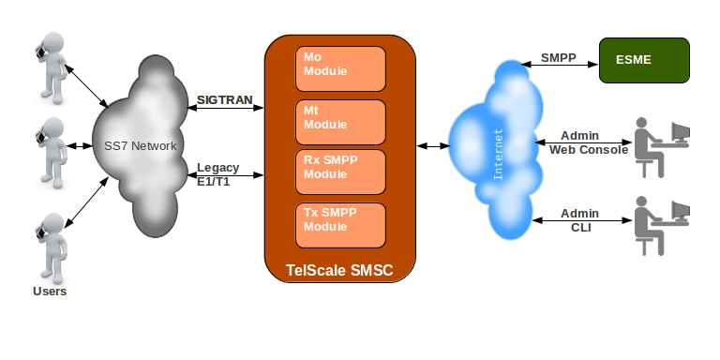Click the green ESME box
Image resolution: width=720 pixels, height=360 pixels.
pos(644,59)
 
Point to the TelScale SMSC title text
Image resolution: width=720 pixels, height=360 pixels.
pos(338,272)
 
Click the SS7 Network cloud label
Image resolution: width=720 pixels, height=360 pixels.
pos(141,146)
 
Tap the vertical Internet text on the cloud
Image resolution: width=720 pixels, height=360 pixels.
pos(498,153)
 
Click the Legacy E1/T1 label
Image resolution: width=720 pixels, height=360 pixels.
pos(218,173)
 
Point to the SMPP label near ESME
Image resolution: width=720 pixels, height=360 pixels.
pos(559,58)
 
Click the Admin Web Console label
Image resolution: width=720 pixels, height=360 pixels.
pos(584,142)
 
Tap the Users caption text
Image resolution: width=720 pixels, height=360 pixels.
pos(50,292)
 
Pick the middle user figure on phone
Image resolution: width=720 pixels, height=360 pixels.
pos(49,150)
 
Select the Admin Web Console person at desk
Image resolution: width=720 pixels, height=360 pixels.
pos(662,144)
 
